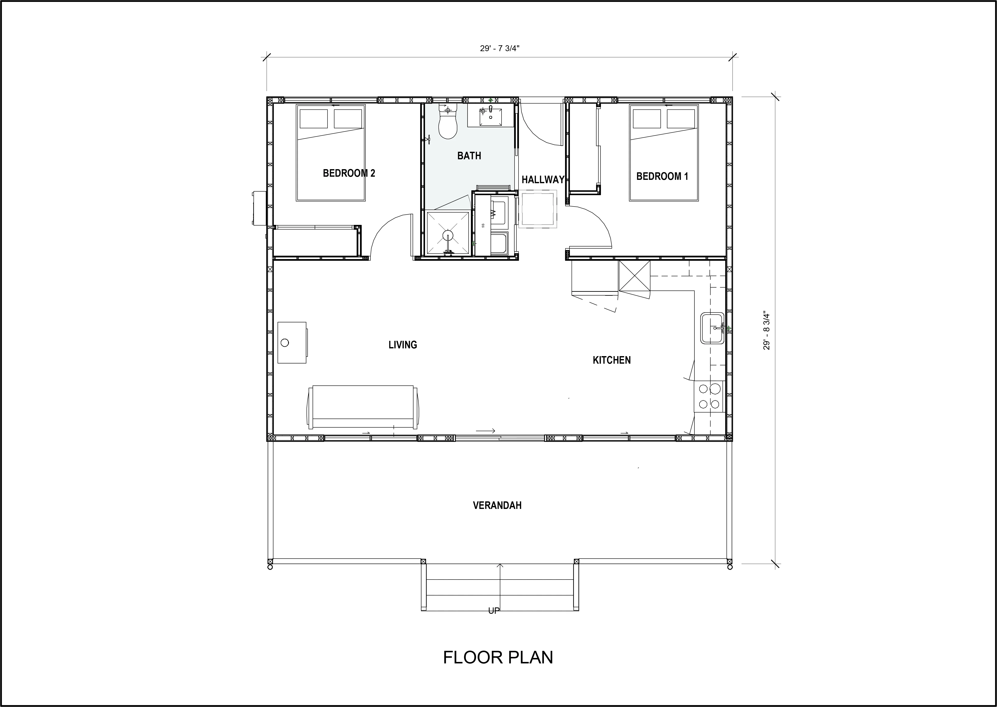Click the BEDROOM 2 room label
(x=349, y=173)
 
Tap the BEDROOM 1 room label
(x=662, y=176)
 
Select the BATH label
(x=469, y=155)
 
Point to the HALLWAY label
(x=542, y=179)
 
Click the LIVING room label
(x=402, y=345)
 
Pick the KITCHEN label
(x=611, y=360)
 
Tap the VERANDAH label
(x=497, y=505)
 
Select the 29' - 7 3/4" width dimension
(x=500, y=48)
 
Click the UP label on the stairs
(x=494, y=611)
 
